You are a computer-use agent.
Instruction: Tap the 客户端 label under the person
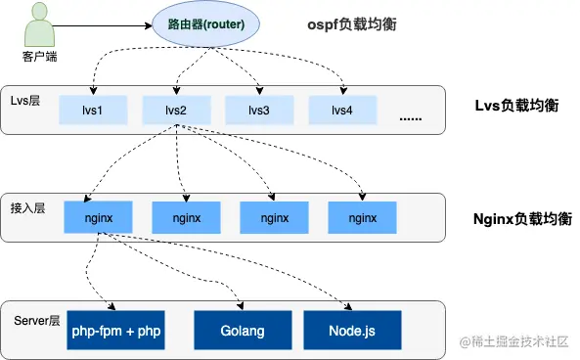[x=39, y=56]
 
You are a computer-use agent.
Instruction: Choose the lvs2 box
[x=176, y=110]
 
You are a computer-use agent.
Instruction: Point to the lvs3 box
[x=259, y=110]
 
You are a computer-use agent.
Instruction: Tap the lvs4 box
[x=342, y=110]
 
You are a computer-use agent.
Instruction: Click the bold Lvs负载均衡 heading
[x=514, y=105]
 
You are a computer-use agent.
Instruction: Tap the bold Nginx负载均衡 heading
[x=519, y=217]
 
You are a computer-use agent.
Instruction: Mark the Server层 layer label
[x=36, y=320]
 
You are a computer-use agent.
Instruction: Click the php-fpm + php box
[x=115, y=331]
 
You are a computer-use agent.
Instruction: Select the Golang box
[x=242, y=331]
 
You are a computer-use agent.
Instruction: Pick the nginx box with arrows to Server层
[x=98, y=217]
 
